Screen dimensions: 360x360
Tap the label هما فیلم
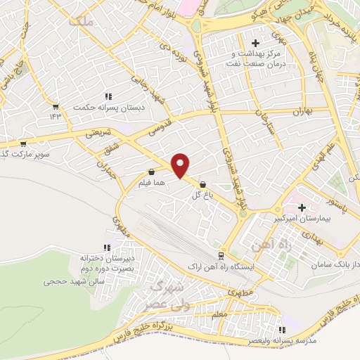coord(152,181)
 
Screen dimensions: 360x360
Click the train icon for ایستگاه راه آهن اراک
coord(221,255)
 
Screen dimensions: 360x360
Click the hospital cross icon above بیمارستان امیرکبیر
coord(302,207)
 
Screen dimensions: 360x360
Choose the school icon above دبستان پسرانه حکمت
coord(108,96)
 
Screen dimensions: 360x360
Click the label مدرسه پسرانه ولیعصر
coord(282,340)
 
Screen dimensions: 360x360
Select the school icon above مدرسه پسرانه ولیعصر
coord(282,329)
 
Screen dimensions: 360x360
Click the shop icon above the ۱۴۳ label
coord(55,107)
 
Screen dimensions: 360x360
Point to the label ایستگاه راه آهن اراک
coord(221,268)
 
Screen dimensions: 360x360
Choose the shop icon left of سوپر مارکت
coord(23,143)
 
